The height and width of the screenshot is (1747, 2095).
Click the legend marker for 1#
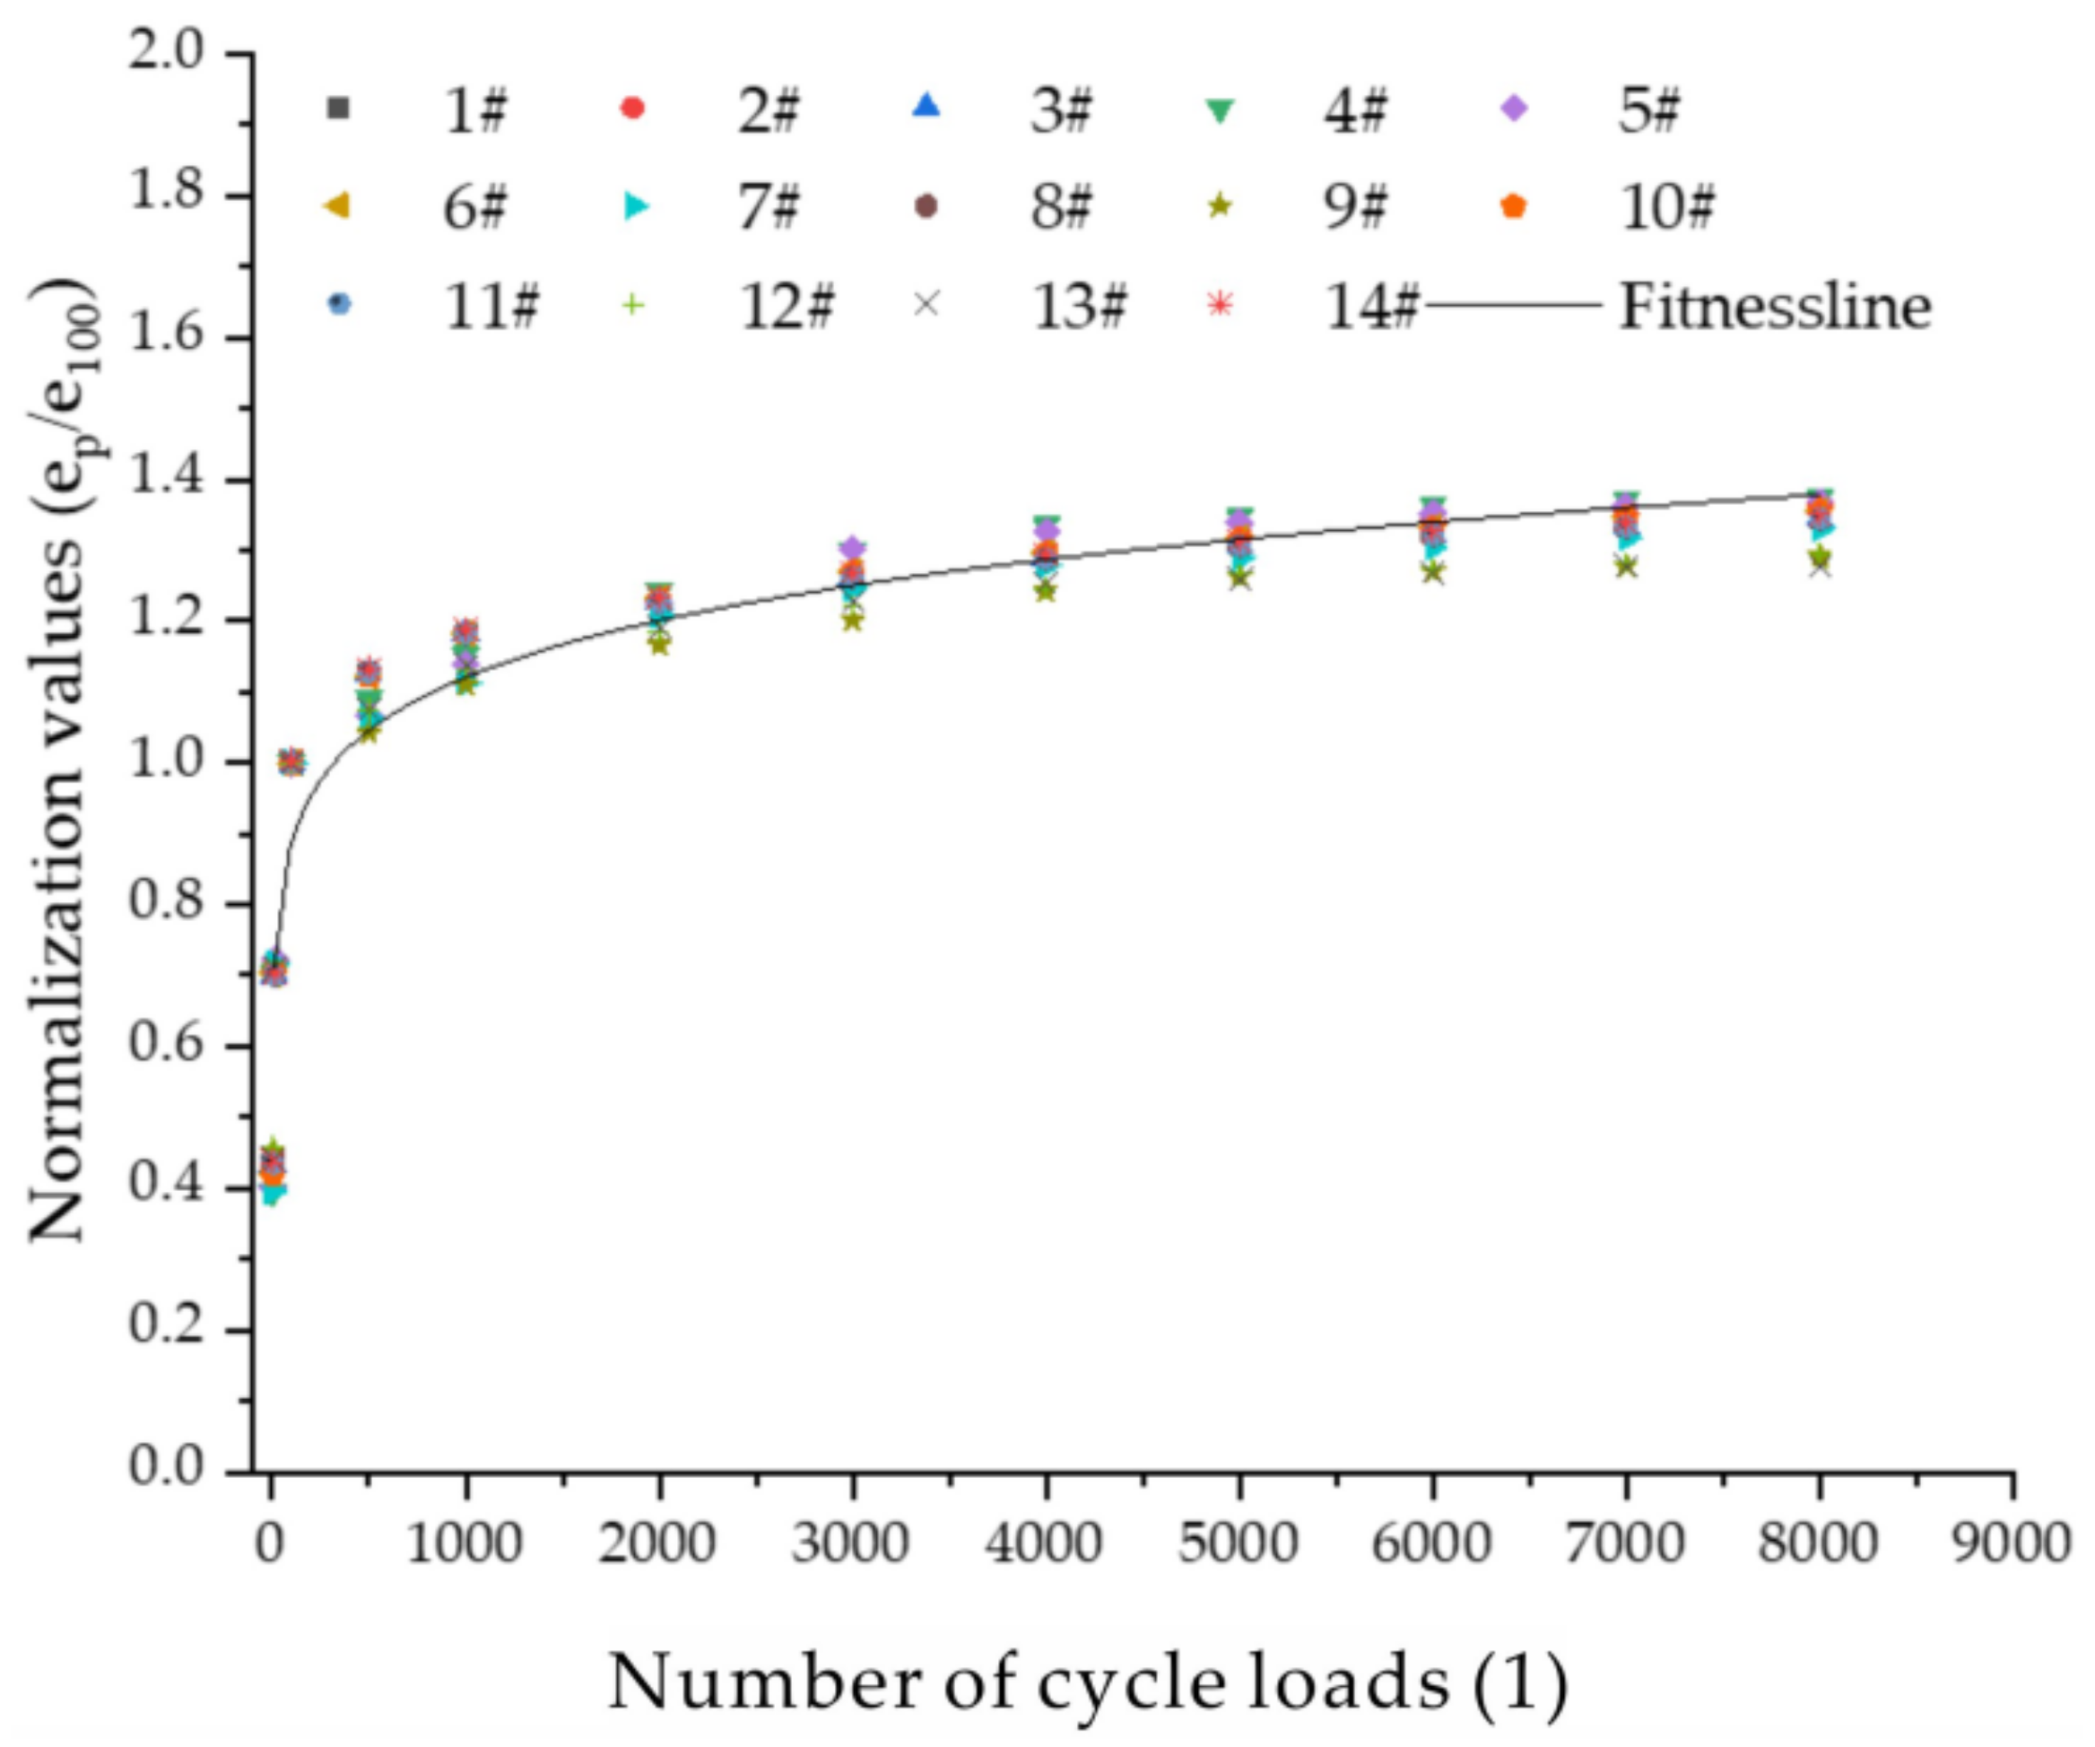[x=339, y=108]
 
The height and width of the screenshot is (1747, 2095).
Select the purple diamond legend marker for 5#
[x=1515, y=108]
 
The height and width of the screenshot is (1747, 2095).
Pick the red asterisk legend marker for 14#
[x=1219, y=304]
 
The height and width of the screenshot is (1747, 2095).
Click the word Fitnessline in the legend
[x=1775, y=307]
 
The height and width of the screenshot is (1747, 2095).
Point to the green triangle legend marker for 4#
[x=1219, y=109]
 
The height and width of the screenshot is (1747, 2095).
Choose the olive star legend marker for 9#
[x=1219, y=206]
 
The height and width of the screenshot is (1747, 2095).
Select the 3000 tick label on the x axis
[x=851, y=1544]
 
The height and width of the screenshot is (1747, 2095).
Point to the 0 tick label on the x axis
[x=269, y=1544]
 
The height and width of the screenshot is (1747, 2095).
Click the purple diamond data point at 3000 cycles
[x=852, y=548]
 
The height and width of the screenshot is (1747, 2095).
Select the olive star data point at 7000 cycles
[x=1626, y=566]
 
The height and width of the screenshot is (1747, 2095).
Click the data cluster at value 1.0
[x=291, y=762]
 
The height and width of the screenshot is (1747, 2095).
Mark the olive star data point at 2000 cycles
[x=658, y=644]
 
